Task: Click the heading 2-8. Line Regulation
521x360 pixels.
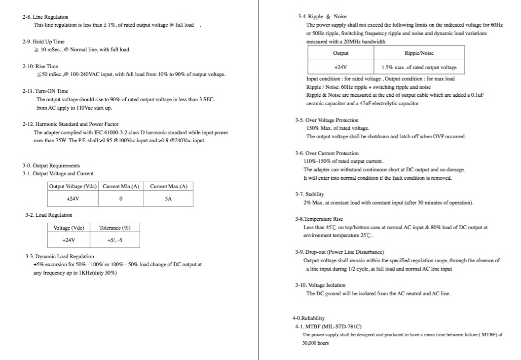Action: [45, 17]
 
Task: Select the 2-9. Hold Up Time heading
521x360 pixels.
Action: [43, 41]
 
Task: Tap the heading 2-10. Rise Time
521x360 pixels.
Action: [40, 66]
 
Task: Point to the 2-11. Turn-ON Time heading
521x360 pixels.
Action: [45, 91]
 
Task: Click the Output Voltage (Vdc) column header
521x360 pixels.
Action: [73, 186]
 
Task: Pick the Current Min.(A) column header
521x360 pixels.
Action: [121, 186]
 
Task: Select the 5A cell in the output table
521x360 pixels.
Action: [168, 199]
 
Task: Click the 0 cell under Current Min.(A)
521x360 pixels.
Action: [121, 199]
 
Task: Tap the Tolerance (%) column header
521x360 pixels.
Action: [114, 228]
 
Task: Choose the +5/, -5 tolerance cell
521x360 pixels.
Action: [114, 240]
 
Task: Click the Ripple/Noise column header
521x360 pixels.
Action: [419, 53]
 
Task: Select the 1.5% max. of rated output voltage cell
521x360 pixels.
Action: [419, 67]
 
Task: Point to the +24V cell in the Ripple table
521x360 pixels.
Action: [340, 67]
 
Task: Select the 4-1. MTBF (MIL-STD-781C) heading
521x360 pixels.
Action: [328, 326]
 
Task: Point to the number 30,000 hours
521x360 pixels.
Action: [315, 343]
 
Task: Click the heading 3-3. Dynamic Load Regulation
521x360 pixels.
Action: [59, 256]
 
